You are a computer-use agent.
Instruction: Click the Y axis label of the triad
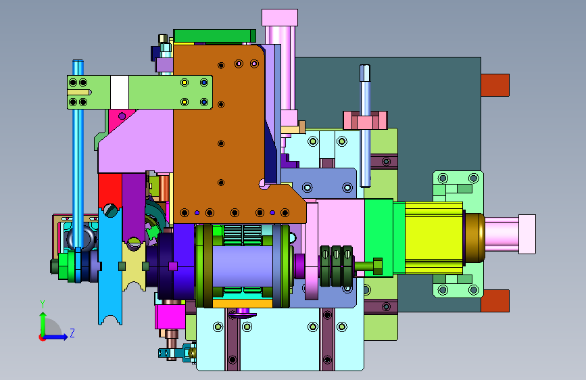click(x=43, y=304)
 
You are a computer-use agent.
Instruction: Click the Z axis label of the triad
click(x=72, y=333)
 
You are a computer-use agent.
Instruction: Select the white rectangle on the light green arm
click(x=120, y=92)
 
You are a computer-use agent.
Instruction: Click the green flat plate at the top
click(x=215, y=36)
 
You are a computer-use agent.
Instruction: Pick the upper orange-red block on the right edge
click(x=495, y=85)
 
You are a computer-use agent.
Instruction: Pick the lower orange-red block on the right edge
click(x=495, y=301)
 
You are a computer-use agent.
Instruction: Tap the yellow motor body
click(x=434, y=238)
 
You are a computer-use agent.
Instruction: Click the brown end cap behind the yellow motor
click(x=474, y=238)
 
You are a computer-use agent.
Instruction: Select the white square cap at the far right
click(x=527, y=234)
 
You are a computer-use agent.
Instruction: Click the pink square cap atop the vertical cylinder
click(x=280, y=18)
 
